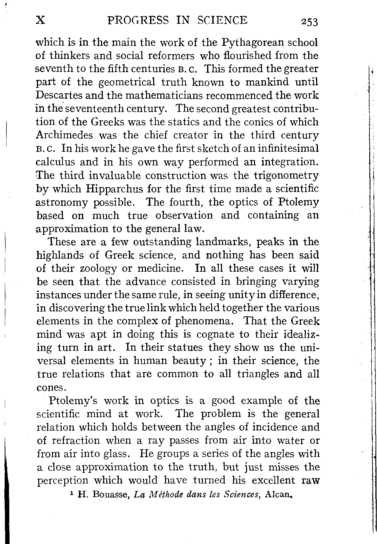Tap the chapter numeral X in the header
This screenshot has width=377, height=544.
(x=41, y=20)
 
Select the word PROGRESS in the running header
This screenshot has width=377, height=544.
(x=138, y=20)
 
